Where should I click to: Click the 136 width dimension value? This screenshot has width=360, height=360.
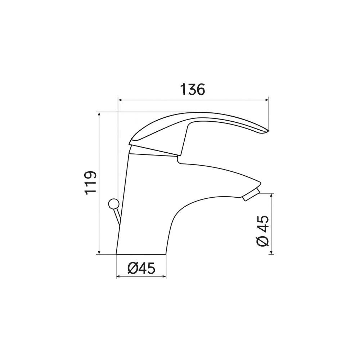click(x=192, y=89)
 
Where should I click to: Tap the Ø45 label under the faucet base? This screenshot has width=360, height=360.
click(x=141, y=268)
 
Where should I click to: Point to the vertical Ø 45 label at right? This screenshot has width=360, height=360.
click(x=263, y=231)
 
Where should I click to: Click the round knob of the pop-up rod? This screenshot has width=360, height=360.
click(x=113, y=204)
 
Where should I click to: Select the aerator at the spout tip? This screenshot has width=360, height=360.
click(x=252, y=193)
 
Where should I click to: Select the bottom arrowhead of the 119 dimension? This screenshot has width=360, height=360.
click(x=99, y=252)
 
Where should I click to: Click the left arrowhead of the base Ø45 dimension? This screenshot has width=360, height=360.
click(x=118, y=277)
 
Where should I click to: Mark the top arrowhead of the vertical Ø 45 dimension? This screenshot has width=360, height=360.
click(x=271, y=195)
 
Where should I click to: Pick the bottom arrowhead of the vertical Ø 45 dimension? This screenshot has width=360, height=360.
click(x=271, y=252)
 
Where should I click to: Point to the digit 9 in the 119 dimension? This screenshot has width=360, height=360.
click(x=91, y=175)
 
